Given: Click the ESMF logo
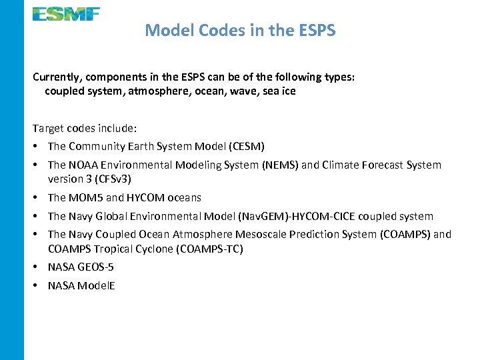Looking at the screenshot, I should click(66, 14).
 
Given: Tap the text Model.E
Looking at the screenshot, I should click(96, 286).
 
